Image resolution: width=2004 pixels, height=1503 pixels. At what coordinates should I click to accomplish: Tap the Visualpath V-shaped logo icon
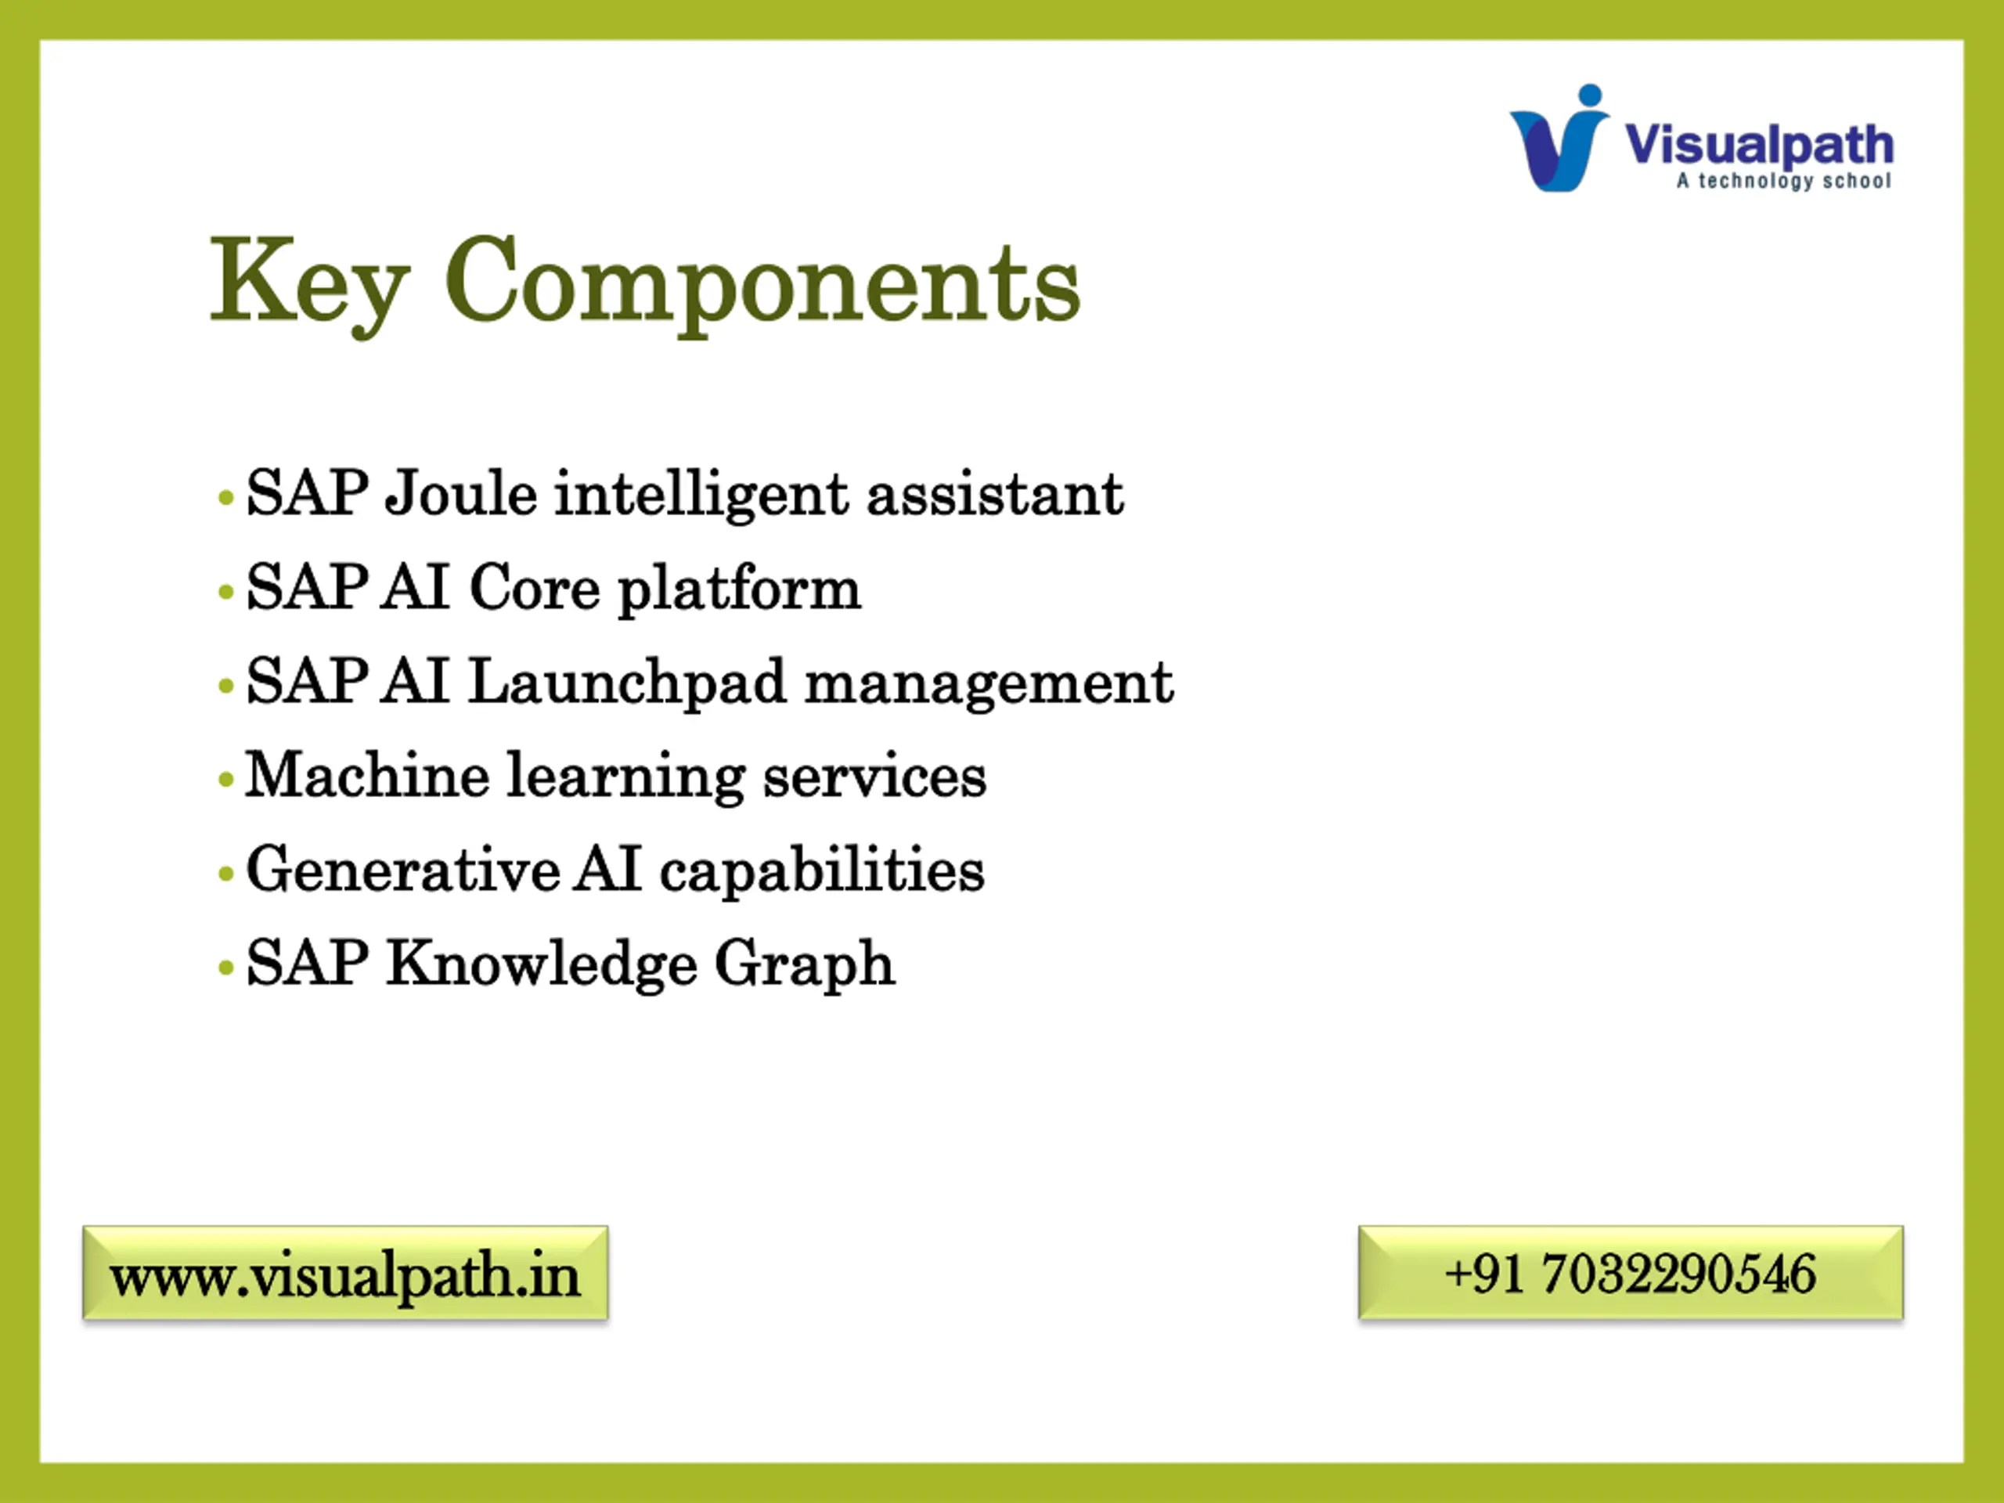tap(1559, 138)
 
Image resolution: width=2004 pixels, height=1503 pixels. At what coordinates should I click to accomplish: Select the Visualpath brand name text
tap(1758, 146)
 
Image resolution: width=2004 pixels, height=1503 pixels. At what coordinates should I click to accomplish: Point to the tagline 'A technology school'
tap(1784, 180)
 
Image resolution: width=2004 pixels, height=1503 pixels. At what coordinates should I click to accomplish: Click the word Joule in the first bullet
tap(461, 494)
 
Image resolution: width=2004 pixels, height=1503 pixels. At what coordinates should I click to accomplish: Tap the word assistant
tap(995, 495)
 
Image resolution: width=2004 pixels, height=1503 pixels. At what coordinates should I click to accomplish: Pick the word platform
tap(739, 589)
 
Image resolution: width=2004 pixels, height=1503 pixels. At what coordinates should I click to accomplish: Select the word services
tap(874, 777)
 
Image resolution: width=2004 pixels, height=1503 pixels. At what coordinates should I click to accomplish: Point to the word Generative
tap(403, 870)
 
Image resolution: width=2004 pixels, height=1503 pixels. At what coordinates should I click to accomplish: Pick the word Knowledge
tap(542, 964)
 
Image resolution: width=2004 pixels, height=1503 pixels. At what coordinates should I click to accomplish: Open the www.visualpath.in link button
tap(345, 1273)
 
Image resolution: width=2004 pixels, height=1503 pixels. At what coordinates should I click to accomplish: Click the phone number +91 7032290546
tap(1631, 1273)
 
